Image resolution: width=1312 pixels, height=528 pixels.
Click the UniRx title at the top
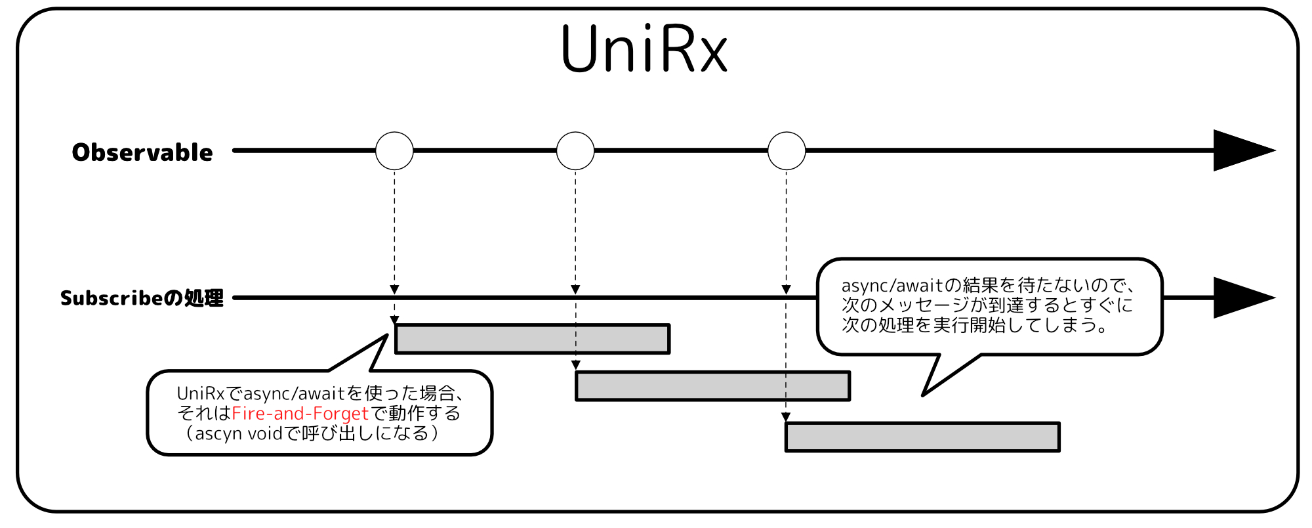click(x=644, y=49)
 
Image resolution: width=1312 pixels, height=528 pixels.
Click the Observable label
click(x=142, y=152)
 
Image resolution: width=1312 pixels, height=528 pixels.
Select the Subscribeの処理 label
click(x=142, y=298)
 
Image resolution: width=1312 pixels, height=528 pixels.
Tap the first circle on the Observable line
click(x=394, y=151)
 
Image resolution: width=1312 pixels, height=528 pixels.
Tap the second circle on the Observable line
click(x=575, y=151)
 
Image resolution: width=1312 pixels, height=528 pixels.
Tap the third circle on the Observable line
click(x=787, y=151)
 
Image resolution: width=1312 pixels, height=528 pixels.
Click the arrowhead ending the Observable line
click(x=1240, y=151)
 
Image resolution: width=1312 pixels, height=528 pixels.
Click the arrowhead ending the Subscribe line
click(x=1240, y=298)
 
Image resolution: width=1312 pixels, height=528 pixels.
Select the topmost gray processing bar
click(x=532, y=339)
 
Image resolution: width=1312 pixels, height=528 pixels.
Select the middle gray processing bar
click(x=712, y=386)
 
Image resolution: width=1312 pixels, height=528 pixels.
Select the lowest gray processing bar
click(x=922, y=437)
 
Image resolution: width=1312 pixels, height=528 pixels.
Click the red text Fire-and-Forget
click(x=300, y=414)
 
